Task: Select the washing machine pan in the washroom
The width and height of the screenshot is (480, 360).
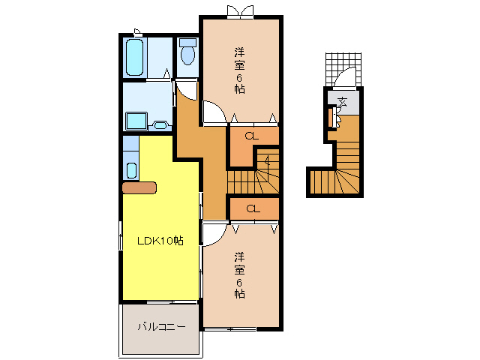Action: point(136,121)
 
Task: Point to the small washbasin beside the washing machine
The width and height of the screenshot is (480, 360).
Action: point(160,124)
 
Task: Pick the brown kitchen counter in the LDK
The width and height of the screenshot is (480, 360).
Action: point(138,187)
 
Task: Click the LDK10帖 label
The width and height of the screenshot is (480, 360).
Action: point(160,241)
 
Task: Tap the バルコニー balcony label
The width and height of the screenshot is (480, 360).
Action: point(160,327)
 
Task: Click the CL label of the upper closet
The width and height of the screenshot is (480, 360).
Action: point(252,136)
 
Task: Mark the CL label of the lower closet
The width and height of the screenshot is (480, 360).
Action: point(253,208)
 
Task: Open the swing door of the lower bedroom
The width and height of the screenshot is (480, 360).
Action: point(212,234)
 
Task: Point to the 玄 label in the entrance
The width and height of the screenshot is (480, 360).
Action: point(342,100)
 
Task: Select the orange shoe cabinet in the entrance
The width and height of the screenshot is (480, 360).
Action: point(329,118)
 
